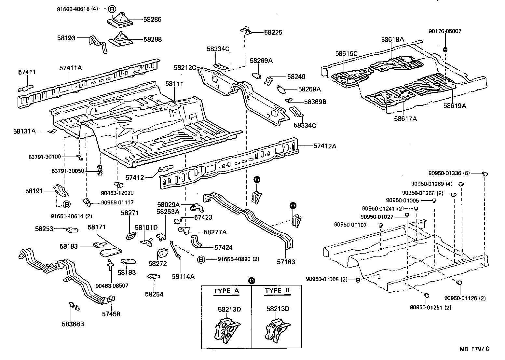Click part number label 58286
pos(152,20)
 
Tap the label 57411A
pos(71,68)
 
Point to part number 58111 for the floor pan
pos(174,84)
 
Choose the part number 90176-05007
pos(445,31)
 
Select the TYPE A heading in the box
pos(226,291)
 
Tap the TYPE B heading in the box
pos(277,291)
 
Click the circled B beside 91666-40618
pos(111,9)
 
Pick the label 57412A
pos(325,146)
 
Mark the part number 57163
pos(286,261)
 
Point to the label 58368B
pos(73,324)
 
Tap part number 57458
pos(111,314)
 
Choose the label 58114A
pos(183,276)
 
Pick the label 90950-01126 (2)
pos(465,298)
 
